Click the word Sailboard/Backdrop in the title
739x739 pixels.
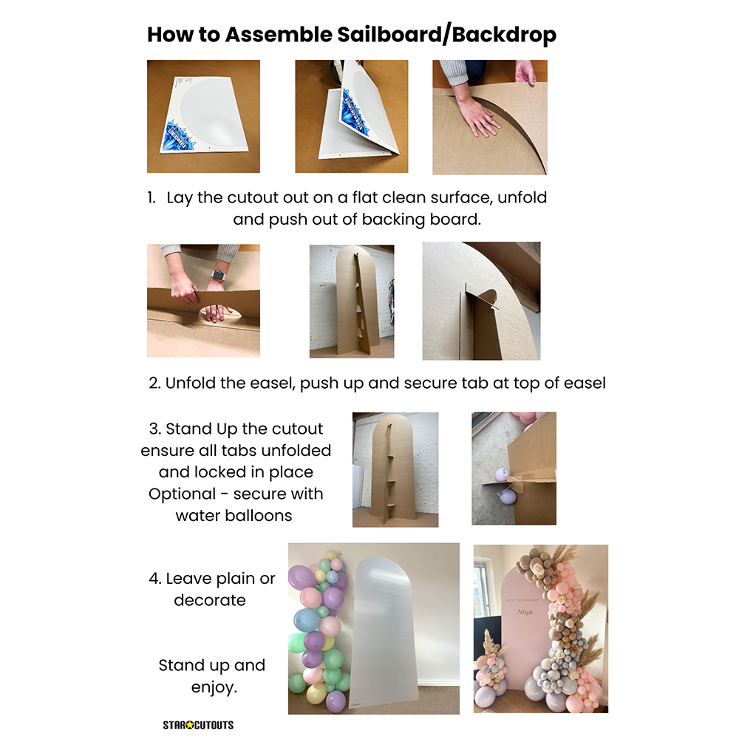[x=447, y=35]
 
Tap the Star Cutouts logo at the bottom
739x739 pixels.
[x=198, y=725]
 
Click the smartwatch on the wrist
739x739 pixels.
[x=218, y=275]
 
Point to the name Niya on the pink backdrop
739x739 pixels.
[x=524, y=612]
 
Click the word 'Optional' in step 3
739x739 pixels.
[x=182, y=494]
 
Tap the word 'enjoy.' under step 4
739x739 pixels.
[x=214, y=687]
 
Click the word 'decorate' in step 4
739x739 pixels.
[x=210, y=600]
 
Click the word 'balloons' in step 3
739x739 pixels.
[x=258, y=516]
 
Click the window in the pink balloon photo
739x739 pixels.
[x=482, y=589]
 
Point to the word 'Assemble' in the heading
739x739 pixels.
[x=279, y=35]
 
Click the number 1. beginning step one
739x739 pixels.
[x=151, y=197]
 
